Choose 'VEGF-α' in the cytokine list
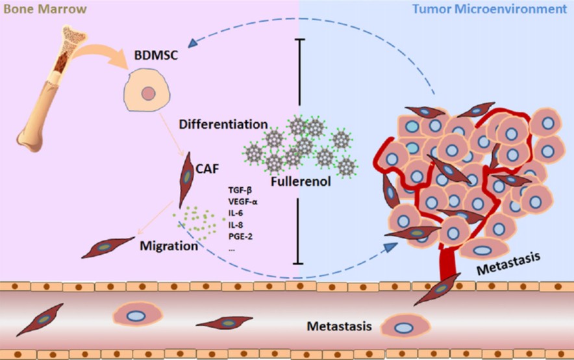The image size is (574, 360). tap(243, 201)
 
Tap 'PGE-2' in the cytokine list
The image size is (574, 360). tap(240, 235)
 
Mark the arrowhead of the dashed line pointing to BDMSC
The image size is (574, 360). tap(192, 45)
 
